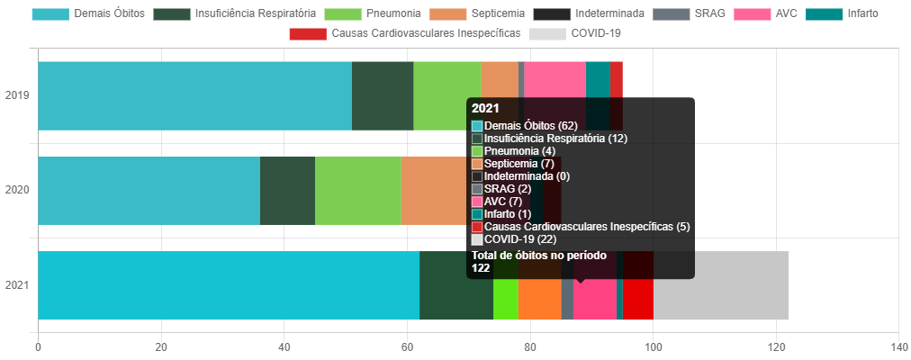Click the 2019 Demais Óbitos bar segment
[194, 95]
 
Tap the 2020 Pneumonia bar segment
[357, 190]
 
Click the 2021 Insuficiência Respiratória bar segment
[455, 285]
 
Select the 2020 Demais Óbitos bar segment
[149, 190]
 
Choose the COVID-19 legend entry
[575, 33]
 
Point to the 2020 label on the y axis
[17, 190]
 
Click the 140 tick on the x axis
[898, 346]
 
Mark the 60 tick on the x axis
[407, 346]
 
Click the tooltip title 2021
[485, 108]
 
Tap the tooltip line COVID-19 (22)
[519, 239]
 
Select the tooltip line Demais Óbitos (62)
[530, 125]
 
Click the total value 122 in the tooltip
[481, 267]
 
